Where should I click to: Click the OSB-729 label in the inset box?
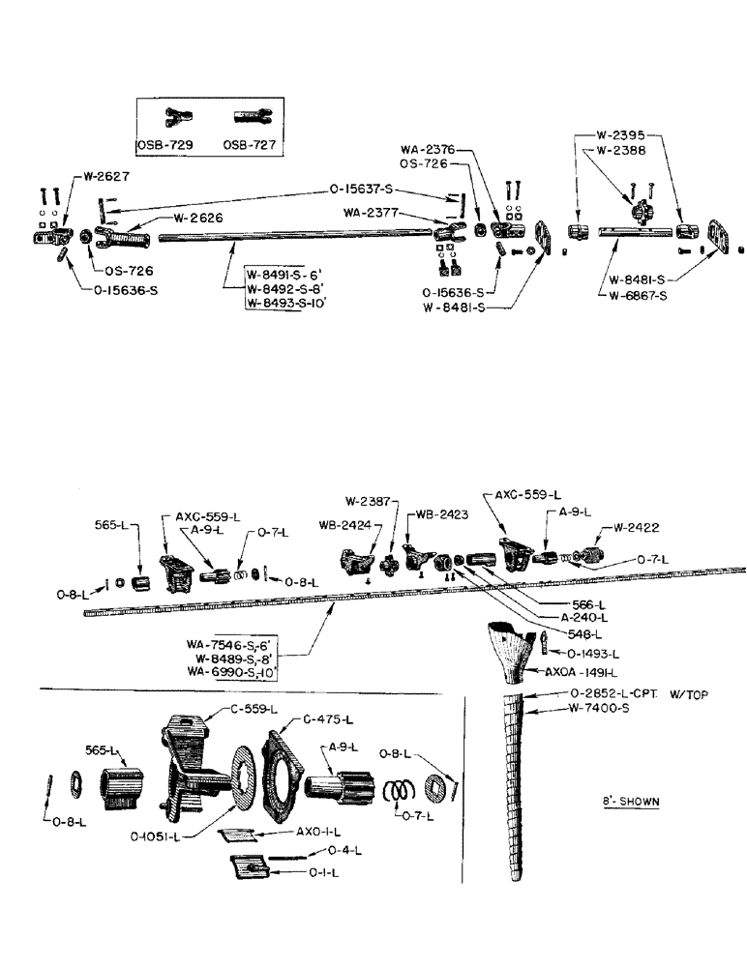[164, 145]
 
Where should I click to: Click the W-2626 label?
[199, 218]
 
